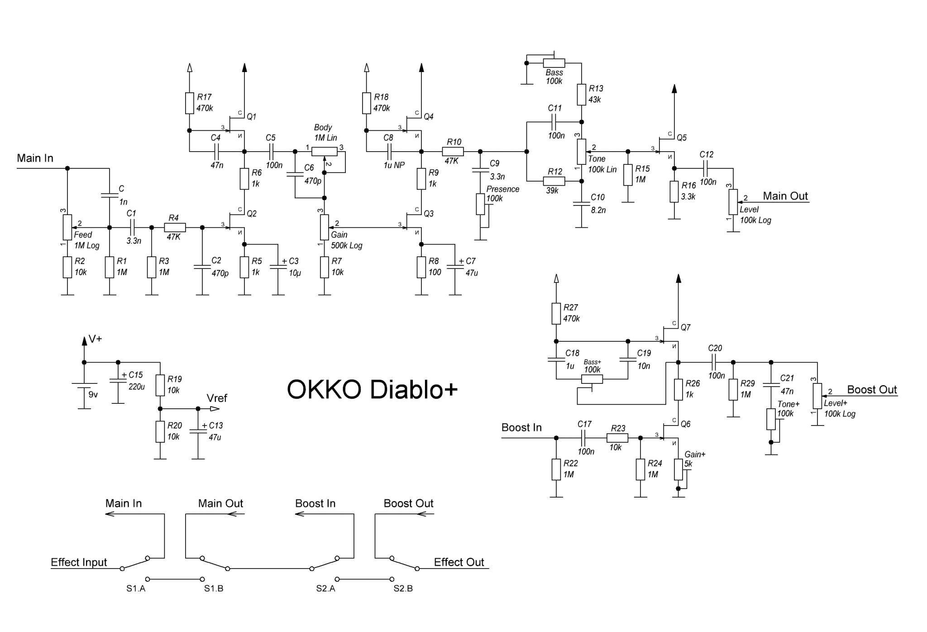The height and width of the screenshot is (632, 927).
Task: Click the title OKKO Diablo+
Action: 372,389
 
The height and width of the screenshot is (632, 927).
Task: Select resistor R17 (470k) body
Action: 190,103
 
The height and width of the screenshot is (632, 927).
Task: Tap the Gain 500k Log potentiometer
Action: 325,227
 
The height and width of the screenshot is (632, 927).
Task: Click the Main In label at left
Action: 35,158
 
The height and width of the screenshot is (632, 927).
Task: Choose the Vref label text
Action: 217,398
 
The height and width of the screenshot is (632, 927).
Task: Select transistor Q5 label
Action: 682,138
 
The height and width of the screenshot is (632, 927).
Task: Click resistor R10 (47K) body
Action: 453,152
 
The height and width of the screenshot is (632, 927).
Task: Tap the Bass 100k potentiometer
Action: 554,63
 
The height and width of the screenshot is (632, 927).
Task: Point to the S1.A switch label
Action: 136,589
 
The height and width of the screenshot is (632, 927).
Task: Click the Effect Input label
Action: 79,562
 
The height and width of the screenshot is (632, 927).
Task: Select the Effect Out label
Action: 459,562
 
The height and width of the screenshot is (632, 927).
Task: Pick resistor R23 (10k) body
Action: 617,438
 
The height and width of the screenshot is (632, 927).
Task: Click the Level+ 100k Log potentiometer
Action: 817,396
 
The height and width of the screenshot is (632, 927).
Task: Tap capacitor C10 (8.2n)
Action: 582,204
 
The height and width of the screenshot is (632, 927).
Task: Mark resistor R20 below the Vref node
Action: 160,431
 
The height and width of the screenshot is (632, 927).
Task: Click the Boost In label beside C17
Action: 521,428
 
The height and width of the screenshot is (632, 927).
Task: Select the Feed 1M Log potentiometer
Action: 67,227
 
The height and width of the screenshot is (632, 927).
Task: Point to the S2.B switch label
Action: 403,589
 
